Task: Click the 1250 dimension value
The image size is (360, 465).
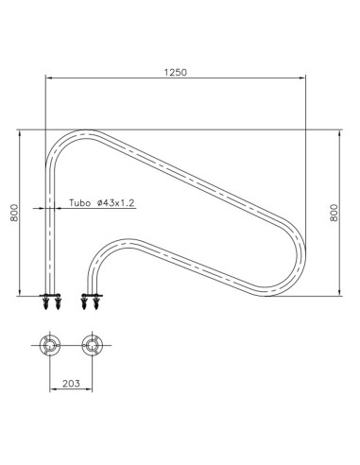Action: point(177,73)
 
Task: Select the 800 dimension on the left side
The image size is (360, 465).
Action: point(14,215)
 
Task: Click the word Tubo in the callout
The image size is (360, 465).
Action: point(82,203)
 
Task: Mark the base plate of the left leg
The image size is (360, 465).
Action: point(50,296)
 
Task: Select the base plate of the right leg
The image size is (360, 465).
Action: point(92,296)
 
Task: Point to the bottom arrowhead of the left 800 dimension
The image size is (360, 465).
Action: point(21,292)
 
